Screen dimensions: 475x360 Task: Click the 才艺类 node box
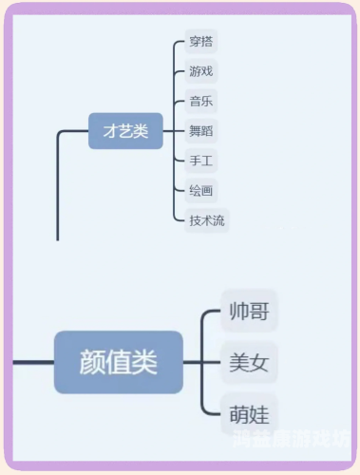click(x=125, y=131)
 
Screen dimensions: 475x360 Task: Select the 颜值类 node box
click(x=119, y=362)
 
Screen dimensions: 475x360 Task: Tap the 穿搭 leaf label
click(x=201, y=41)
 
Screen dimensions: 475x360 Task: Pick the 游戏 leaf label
click(x=201, y=71)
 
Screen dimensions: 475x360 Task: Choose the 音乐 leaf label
click(x=201, y=101)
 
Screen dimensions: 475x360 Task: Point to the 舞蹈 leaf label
click(x=201, y=131)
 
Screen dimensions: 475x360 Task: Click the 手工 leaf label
click(x=201, y=161)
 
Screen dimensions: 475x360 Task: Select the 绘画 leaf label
click(x=201, y=190)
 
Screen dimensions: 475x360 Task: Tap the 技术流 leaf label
click(x=207, y=220)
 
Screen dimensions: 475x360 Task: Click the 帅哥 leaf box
click(x=249, y=311)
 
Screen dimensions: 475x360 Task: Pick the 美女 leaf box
click(x=249, y=362)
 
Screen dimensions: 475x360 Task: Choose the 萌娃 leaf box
click(x=249, y=413)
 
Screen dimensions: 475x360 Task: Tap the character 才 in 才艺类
click(x=111, y=131)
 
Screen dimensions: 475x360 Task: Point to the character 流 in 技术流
click(x=219, y=220)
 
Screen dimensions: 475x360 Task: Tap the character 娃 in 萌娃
click(x=259, y=413)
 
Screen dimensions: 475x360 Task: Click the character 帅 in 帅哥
click(x=238, y=311)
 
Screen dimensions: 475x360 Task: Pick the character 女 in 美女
click(x=259, y=362)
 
